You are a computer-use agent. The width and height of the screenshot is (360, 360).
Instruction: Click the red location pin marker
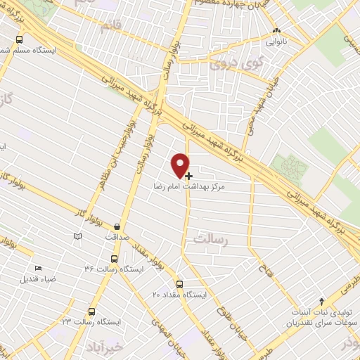(181, 165)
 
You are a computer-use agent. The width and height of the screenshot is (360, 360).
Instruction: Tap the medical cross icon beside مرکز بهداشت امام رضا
(188, 175)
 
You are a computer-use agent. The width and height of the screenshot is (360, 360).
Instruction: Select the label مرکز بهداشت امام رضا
(182, 188)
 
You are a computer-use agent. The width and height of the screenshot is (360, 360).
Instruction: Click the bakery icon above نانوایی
(277, 31)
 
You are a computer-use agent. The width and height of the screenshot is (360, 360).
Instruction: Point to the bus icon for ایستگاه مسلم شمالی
(18, 40)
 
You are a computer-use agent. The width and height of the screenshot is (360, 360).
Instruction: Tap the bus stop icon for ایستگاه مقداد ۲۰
(179, 285)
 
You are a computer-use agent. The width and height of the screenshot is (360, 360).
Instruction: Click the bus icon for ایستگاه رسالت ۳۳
(91, 311)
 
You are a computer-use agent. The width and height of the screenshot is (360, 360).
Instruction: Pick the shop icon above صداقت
(117, 227)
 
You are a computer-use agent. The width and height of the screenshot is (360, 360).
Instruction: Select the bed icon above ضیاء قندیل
(38, 267)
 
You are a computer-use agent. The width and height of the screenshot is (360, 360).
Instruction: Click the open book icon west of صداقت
(77, 236)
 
